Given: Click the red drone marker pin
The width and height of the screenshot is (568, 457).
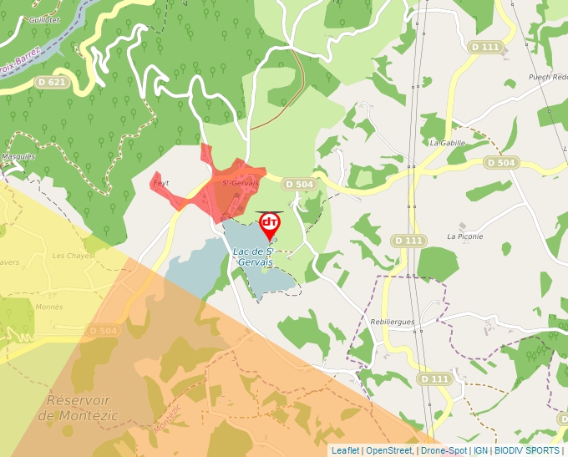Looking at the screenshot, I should coord(270,224).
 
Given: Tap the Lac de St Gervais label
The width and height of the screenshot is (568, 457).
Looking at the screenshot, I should coord(255,256).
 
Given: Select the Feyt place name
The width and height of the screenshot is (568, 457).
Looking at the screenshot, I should coord(161,182).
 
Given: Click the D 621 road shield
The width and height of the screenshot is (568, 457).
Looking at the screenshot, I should coord(52,82).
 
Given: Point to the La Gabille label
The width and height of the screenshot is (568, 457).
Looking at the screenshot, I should coord(447,143).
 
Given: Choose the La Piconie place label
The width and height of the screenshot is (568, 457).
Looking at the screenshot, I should coord(465,236).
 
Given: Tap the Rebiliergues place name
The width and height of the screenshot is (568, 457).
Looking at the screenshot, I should coord(392,322).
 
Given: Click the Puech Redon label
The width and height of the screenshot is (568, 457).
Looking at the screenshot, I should coord(547,77).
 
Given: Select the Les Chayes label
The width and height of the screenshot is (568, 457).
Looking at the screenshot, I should coord(74,255).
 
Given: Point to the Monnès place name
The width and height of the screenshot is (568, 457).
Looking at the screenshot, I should coord(49,307).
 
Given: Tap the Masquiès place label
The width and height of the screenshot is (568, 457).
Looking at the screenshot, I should coord(18,156).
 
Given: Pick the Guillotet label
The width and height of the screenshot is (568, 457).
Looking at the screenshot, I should coord(43,18).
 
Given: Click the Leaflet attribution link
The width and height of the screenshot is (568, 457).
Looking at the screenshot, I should coord(345,450).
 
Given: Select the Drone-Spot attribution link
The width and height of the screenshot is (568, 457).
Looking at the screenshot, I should coord(444,450).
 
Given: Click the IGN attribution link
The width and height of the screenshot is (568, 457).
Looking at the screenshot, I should coord(480,450).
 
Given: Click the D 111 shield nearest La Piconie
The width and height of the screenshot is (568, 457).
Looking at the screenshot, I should coord(409,241).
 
